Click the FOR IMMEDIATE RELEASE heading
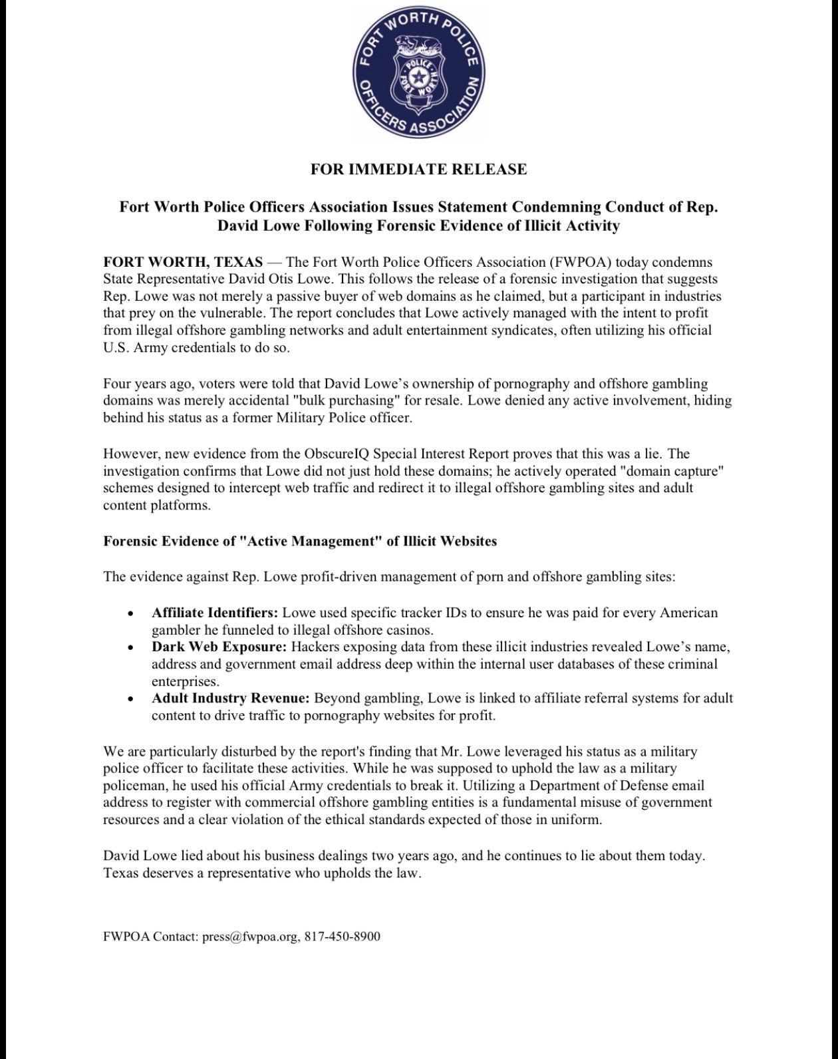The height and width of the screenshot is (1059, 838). [x=418, y=169]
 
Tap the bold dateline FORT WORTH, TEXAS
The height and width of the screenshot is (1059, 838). [x=183, y=261]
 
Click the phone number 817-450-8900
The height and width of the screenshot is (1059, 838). [x=343, y=937]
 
